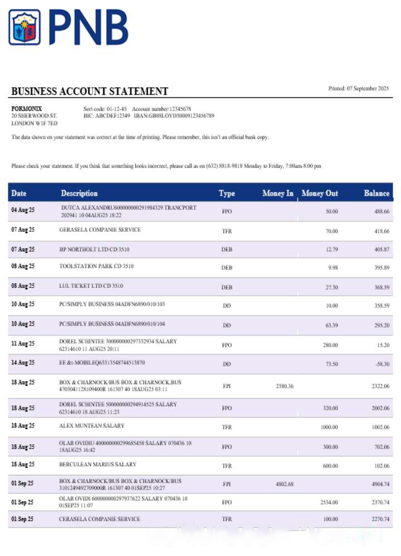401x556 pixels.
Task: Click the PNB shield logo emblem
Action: [x=25, y=27]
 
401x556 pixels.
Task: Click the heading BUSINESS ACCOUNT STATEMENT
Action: [x=90, y=91]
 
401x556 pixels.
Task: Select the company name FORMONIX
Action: [x=27, y=108]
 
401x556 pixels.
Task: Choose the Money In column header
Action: [x=277, y=193]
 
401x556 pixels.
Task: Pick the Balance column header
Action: [x=376, y=193]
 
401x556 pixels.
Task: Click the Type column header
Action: [x=227, y=193]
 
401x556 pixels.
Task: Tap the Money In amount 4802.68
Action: [x=284, y=484]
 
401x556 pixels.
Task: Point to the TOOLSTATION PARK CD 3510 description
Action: [x=96, y=266]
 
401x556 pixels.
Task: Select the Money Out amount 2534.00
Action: [x=329, y=503]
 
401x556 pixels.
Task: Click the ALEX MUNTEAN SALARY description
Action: [x=92, y=426]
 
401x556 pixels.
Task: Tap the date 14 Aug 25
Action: [x=23, y=363]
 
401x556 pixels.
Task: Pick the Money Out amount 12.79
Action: [x=332, y=250]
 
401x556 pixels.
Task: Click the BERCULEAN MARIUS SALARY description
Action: [x=97, y=464]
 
